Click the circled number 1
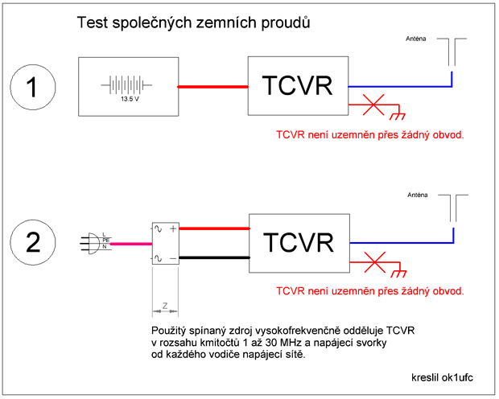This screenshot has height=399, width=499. click(33, 87)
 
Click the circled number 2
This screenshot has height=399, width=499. click(33, 242)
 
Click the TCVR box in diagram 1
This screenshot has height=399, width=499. click(299, 86)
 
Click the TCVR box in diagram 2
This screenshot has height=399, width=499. click(299, 242)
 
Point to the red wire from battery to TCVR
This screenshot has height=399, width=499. click(212, 87)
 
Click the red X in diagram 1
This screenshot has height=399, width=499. click(373, 104)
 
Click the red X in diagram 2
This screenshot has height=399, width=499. click(373, 259)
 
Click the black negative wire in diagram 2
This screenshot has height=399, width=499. click(212, 257)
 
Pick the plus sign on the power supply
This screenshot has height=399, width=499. click(172, 228)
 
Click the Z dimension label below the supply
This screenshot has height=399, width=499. click(164, 306)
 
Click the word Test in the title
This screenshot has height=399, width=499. click(92, 23)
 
